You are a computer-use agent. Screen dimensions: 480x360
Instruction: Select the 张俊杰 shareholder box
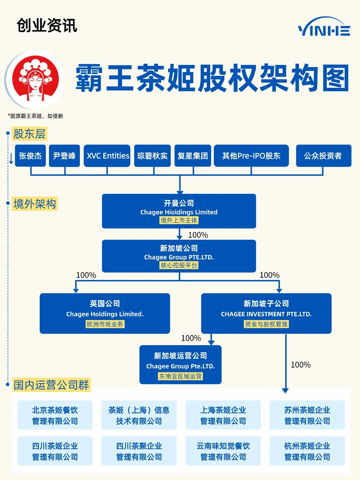point(30,156)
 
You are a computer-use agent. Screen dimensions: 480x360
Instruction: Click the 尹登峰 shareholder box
point(64,156)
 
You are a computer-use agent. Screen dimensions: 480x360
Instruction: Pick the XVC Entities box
point(107,156)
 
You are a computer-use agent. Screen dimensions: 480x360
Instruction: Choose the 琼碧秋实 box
point(152,156)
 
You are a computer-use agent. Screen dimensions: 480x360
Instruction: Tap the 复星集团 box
point(193,156)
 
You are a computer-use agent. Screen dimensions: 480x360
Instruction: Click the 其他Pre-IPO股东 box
point(251,156)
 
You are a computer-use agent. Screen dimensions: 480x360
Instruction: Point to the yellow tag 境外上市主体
point(179,220)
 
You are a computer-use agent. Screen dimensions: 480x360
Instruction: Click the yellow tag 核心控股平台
point(179,265)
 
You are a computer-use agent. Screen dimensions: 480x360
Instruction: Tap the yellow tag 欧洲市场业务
point(105,324)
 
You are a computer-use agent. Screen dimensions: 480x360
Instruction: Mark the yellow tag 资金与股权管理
point(266,324)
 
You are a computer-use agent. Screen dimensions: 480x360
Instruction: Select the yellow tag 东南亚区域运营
point(180,376)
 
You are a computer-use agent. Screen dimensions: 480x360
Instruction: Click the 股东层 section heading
point(29,134)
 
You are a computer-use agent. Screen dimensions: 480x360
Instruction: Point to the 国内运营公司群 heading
point(51,385)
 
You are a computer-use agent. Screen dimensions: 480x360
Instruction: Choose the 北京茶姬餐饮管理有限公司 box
point(55,415)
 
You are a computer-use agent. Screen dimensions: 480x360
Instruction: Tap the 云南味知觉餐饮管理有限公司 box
point(223,451)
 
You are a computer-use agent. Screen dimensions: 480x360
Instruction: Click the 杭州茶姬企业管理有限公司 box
point(307,451)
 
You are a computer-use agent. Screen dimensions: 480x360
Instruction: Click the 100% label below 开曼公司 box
point(198,235)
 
